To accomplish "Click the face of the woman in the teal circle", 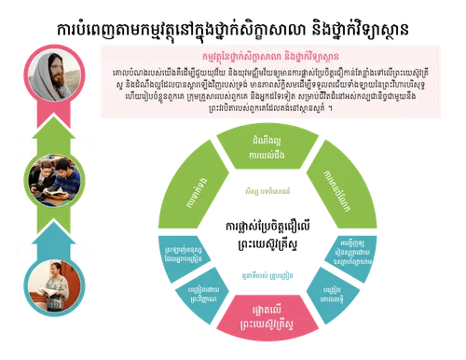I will pos(52,274).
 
